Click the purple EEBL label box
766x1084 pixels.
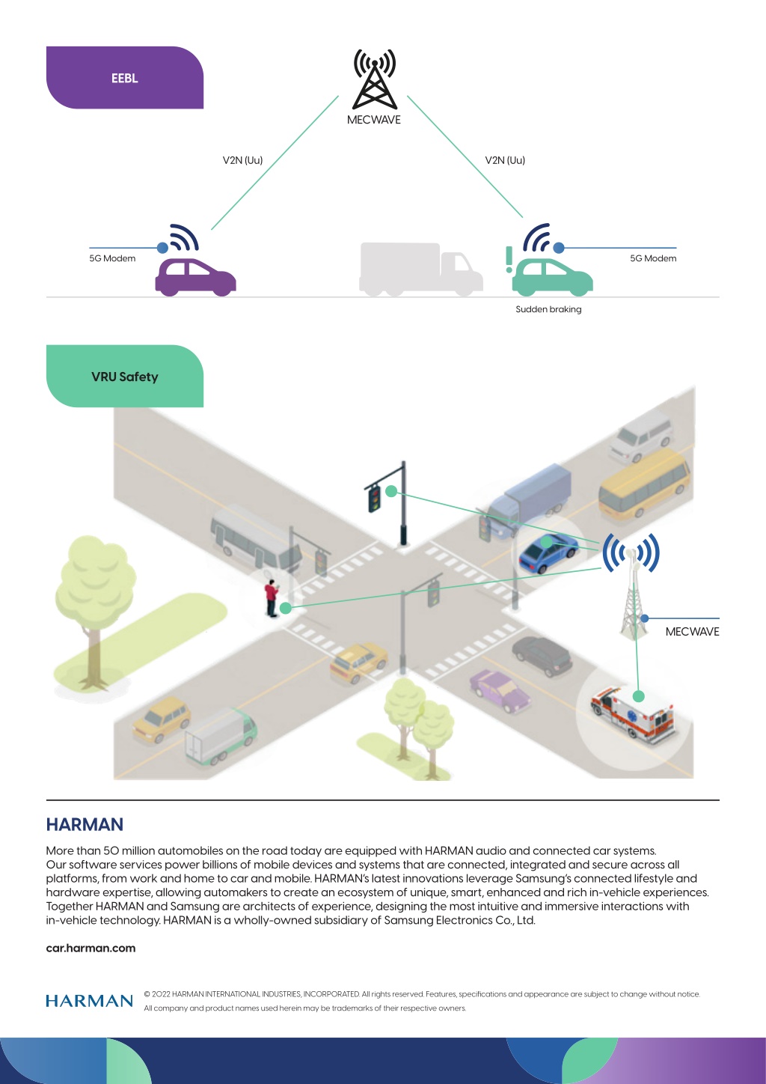pos(125,77)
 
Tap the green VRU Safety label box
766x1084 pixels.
pos(125,376)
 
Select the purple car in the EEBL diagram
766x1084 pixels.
pos(195,277)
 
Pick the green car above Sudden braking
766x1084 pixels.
pos(552,277)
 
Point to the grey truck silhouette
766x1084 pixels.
pos(420,269)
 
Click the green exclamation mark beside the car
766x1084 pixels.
pos(509,259)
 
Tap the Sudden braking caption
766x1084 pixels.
pos(548,309)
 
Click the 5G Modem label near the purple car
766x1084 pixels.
pos(112,258)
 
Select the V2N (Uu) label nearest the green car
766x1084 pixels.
pos(505,160)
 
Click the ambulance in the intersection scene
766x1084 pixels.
pos(633,714)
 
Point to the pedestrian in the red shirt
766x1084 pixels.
pos(272,598)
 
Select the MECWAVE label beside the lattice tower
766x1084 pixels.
pos(692,632)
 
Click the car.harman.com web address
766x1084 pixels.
pos(91,948)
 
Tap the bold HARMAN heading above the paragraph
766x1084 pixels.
pos(85,824)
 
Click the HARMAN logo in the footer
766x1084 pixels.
pos(90,1001)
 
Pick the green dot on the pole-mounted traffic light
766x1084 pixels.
pos(391,491)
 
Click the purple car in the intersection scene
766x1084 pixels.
pos(500,690)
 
